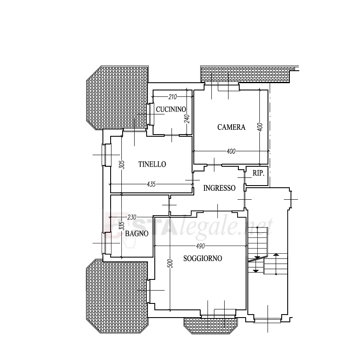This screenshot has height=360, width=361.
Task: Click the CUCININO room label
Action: (171, 109)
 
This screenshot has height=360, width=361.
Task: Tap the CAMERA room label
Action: (232, 127)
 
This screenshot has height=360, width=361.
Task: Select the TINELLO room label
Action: (152, 164)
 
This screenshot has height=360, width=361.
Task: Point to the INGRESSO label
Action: (220, 188)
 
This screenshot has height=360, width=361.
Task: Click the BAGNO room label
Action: (137, 234)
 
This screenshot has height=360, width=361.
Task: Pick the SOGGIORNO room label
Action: (203, 258)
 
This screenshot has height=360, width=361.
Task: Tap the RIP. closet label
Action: (259, 173)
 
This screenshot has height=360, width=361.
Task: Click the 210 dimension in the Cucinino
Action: (172, 97)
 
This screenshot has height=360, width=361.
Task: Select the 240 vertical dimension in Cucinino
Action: (187, 119)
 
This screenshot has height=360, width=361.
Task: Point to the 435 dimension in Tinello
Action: (151, 184)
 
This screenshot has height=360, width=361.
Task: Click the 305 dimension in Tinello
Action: (122, 165)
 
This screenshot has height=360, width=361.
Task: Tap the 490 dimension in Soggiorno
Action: (200, 246)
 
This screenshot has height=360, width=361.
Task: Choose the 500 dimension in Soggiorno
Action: (171, 264)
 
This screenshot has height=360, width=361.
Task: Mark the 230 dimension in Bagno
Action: (132, 217)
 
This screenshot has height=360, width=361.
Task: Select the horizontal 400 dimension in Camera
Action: (231, 151)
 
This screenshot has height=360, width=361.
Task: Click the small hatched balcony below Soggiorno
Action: (211, 325)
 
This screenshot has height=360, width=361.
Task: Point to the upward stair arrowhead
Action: (276, 255)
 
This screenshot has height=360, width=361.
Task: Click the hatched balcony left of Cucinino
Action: (117, 98)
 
